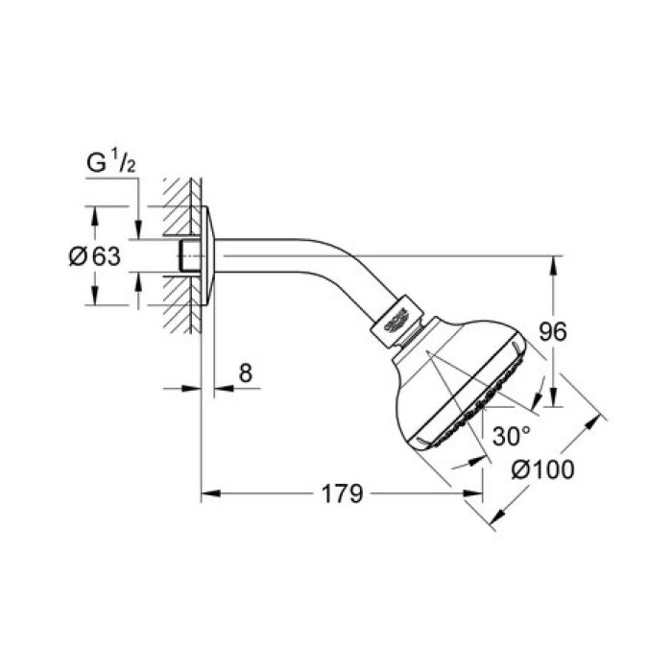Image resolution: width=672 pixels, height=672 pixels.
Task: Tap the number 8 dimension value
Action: tap(245, 372)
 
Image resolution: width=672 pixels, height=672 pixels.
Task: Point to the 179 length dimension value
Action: tap(341, 494)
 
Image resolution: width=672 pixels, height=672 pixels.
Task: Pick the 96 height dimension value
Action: tap(551, 332)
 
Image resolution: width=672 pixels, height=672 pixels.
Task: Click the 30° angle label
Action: tap(511, 435)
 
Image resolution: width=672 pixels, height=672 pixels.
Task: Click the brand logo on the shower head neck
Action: tap(401, 321)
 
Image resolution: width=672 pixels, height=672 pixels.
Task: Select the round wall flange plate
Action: tap(209, 257)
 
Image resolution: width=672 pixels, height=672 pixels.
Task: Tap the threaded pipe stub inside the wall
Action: tap(190, 256)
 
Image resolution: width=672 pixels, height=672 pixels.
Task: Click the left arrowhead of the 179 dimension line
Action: tap(207, 494)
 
